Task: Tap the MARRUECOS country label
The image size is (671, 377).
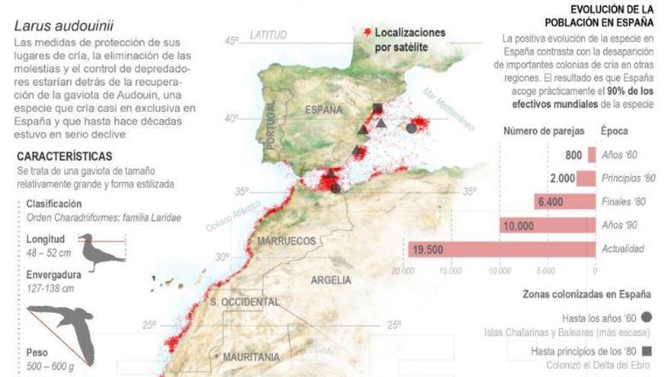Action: click(x=286, y=241)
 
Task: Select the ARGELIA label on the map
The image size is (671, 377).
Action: click(x=331, y=280)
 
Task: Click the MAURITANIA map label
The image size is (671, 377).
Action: click(x=252, y=356)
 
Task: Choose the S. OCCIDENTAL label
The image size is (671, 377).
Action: click(x=244, y=302)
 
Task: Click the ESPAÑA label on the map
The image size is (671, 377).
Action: click(x=324, y=110)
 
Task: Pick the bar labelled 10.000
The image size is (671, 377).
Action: click(x=547, y=225)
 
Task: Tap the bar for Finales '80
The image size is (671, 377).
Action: click(x=564, y=202)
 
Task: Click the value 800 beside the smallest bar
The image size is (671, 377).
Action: click(x=574, y=155)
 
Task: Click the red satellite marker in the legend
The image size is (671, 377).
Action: click(x=368, y=33)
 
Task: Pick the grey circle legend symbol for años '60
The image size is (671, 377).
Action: click(x=647, y=317)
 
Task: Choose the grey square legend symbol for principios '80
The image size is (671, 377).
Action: click(x=647, y=351)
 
